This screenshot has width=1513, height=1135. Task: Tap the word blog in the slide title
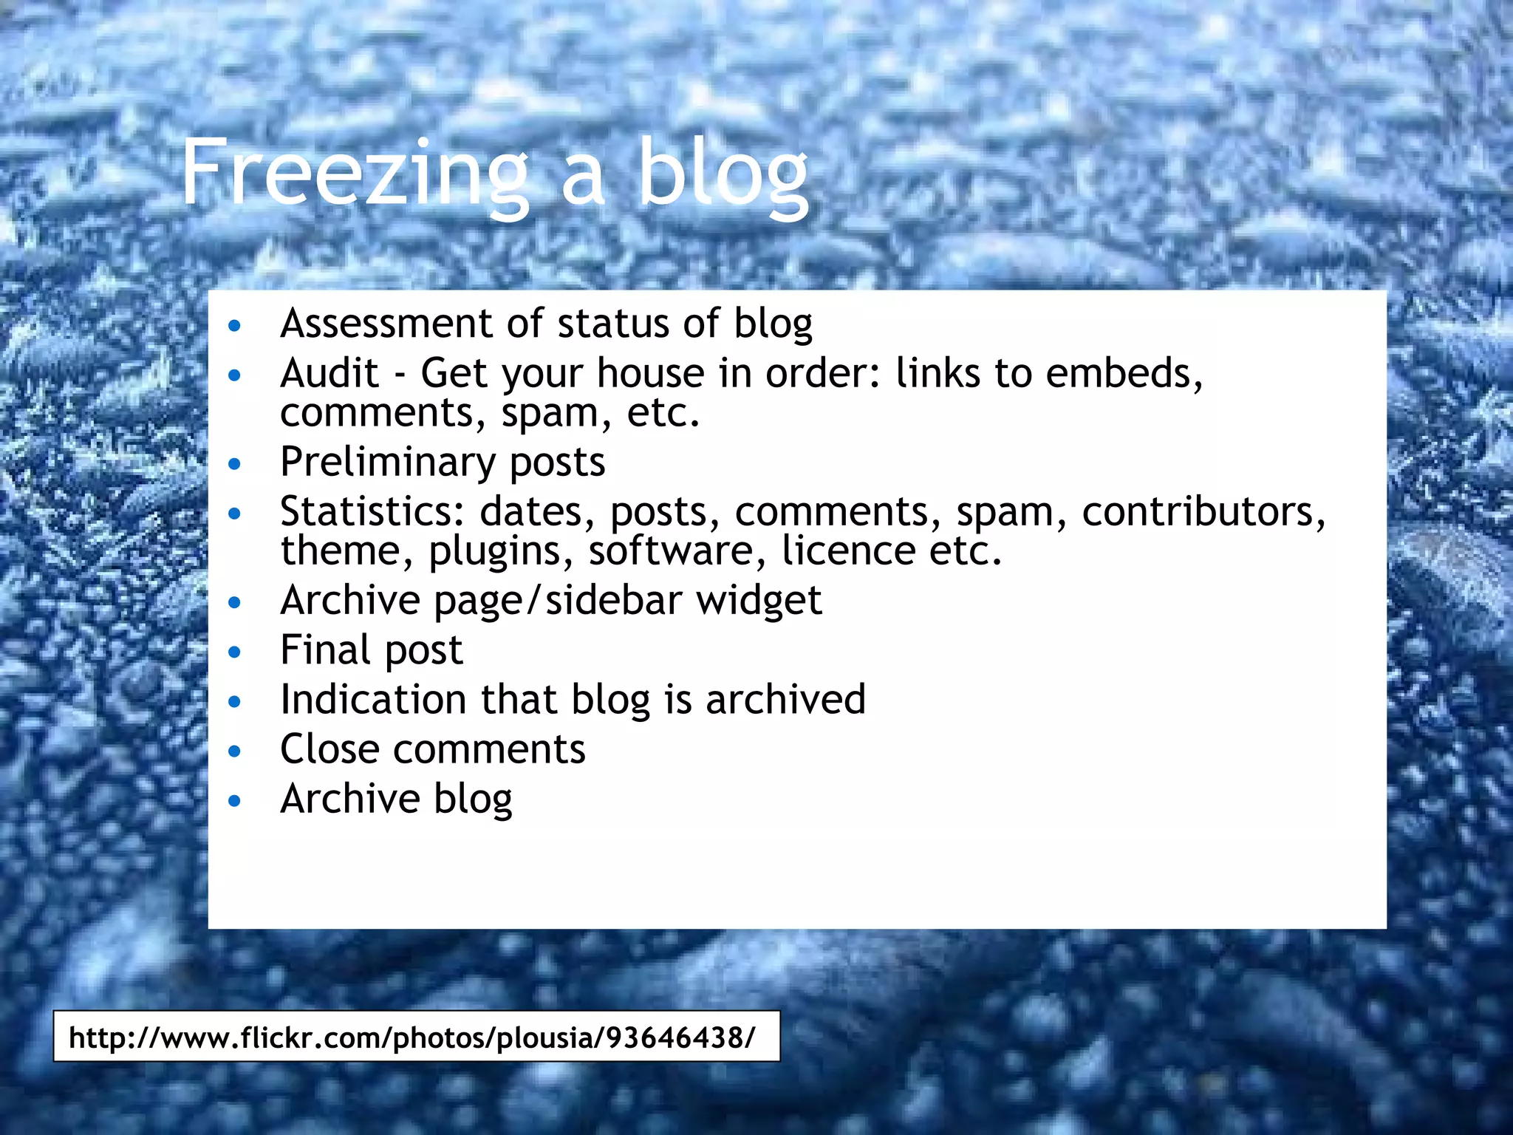[723, 174]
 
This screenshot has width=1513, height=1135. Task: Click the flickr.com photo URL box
[416, 1037]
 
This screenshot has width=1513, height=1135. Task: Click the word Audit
[329, 373]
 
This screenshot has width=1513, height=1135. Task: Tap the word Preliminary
[387, 463]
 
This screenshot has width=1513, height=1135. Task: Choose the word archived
[785, 700]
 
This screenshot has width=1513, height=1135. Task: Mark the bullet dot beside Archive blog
[235, 801]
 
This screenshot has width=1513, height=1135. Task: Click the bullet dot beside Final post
[235, 652]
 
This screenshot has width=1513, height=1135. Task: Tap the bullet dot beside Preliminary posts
[235, 465]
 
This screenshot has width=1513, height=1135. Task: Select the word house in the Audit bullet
[651, 373]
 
